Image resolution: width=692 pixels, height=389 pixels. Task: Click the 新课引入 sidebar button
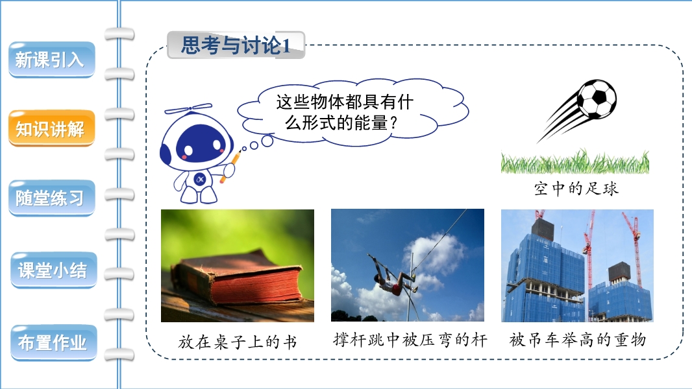point(51,60)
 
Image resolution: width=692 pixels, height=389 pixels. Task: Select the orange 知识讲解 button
point(51,128)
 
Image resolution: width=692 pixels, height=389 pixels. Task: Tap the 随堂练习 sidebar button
point(52,198)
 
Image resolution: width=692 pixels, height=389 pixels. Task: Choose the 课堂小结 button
point(53,270)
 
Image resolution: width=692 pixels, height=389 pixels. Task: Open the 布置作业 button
point(53,342)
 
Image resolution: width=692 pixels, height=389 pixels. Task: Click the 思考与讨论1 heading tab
point(236,45)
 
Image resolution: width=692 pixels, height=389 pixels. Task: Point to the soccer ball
point(597,99)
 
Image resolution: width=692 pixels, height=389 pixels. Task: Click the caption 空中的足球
point(576,189)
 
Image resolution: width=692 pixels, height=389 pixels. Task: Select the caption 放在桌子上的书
point(238,342)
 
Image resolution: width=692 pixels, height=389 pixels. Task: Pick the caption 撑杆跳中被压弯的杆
point(410,340)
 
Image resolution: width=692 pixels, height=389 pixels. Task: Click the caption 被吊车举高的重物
point(578,340)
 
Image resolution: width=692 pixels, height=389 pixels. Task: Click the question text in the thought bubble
point(344,112)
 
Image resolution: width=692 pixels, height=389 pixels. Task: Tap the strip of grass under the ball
point(575,161)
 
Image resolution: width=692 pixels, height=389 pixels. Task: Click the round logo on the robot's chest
point(200,180)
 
